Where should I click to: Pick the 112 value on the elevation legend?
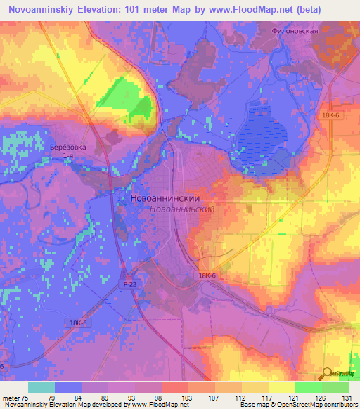coord(228,398)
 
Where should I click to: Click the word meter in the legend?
coord(10,398)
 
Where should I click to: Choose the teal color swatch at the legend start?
coord(41,387)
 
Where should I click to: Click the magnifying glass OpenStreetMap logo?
coord(327,374)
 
